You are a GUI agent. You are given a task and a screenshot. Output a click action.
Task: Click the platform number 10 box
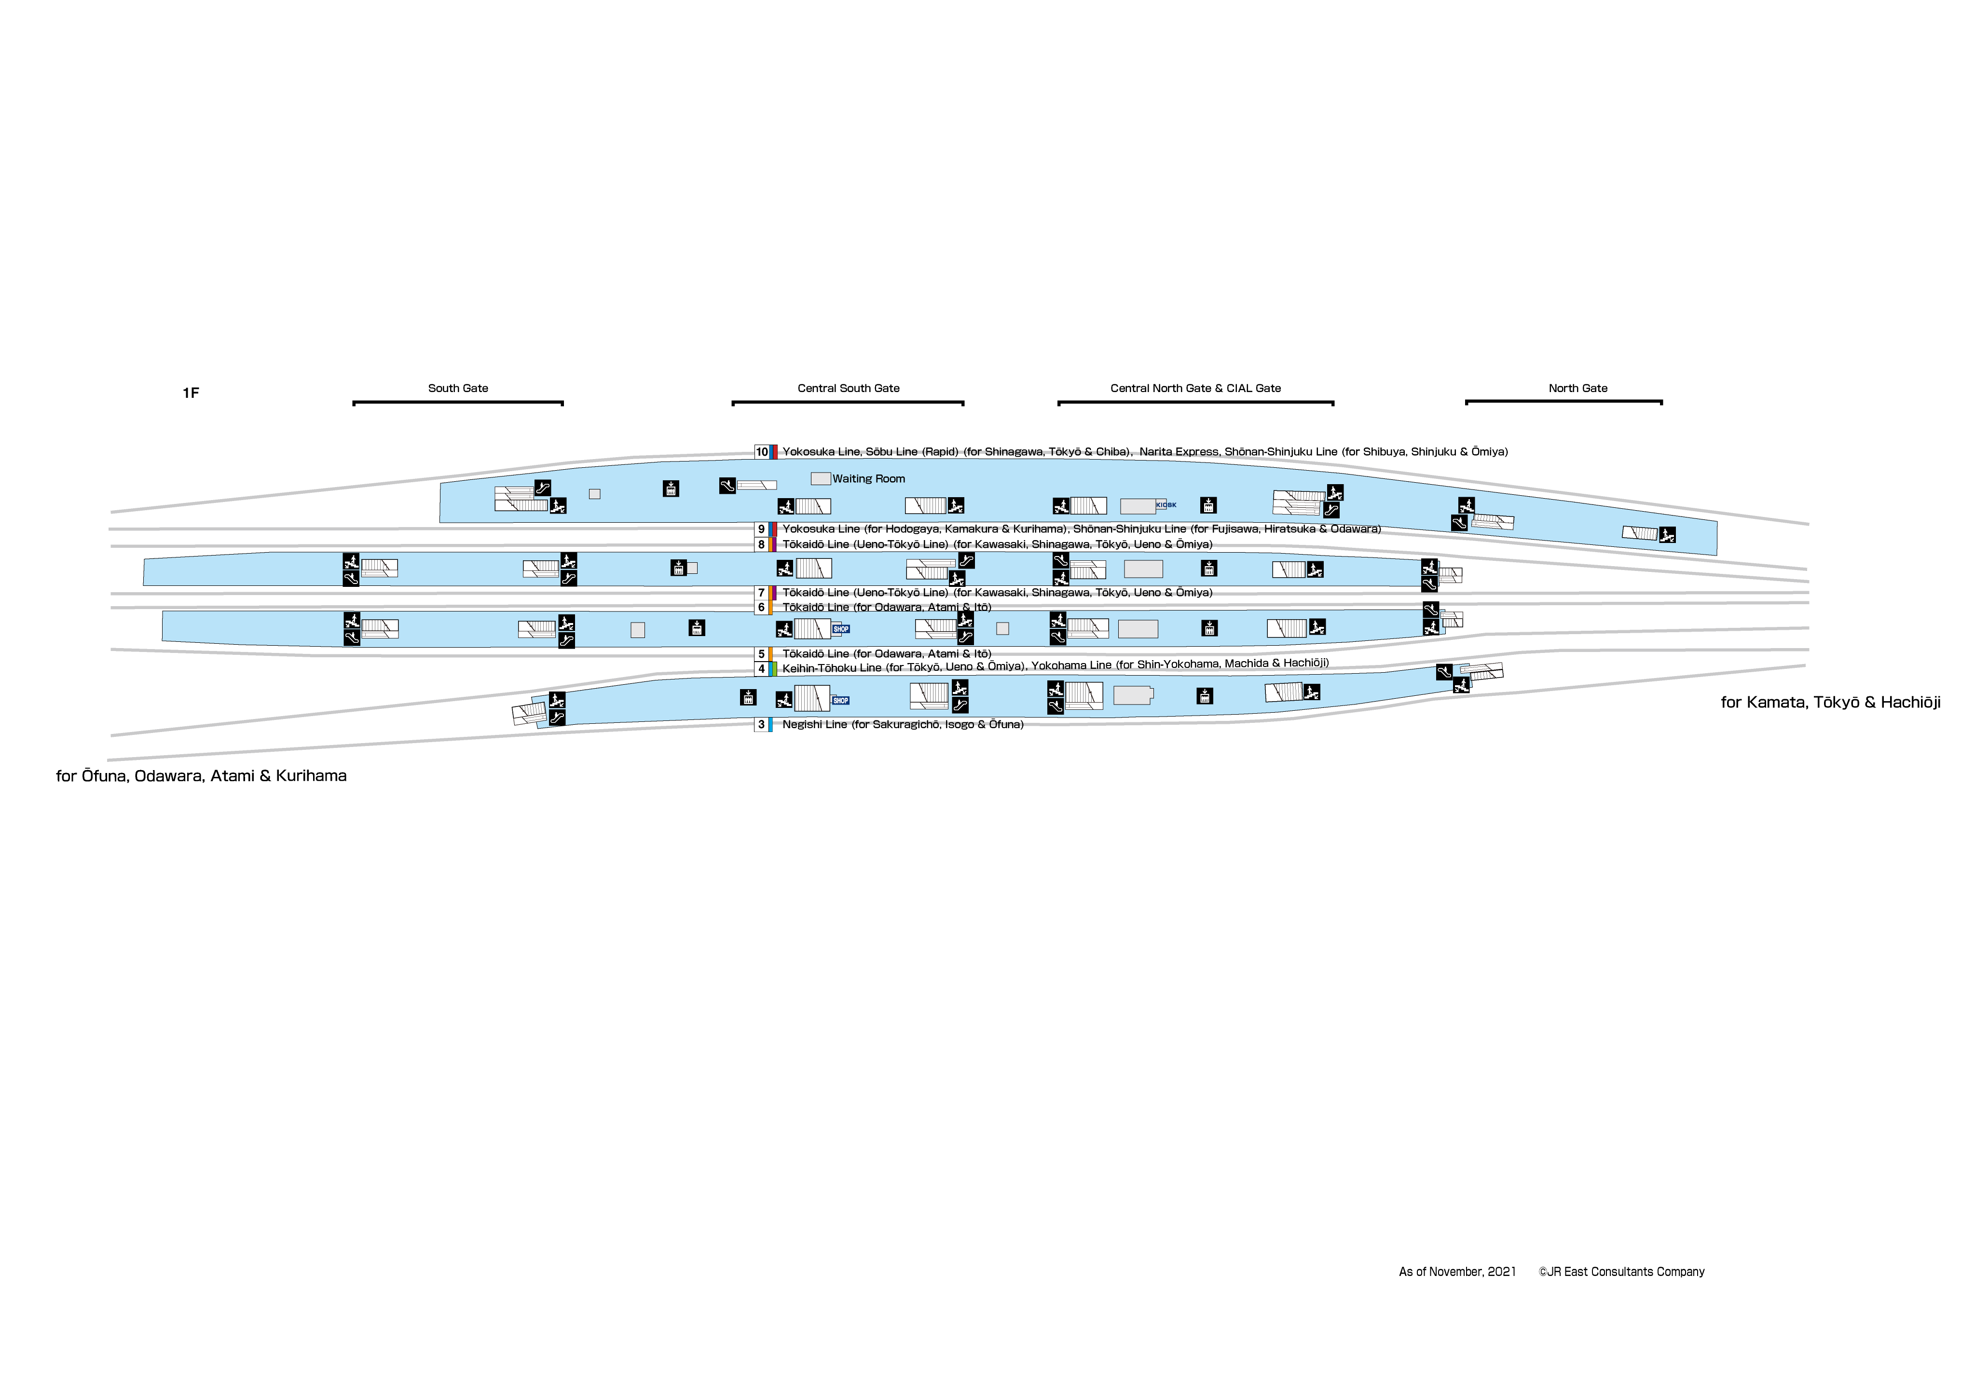(x=762, y=452)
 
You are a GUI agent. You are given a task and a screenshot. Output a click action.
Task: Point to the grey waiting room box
(x=820, y=478)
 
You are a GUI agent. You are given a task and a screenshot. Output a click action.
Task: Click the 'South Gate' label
(x=458, y=388)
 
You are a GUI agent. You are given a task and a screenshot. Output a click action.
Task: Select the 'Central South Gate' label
(x=849, y=388)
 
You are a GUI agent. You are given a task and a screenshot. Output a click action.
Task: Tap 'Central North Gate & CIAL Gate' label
(x=1195, y=388)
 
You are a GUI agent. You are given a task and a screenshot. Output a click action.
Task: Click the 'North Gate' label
(x=1577, y=388)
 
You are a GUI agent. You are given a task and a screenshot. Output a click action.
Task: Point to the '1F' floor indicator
(x=190, y=393)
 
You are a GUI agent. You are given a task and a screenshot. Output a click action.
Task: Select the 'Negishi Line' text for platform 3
(x=814, y=724)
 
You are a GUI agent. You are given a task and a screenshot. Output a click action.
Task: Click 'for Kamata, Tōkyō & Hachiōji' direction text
(x=1830, y=702)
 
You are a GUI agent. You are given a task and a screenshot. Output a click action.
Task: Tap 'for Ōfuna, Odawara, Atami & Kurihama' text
(x=201, y=776)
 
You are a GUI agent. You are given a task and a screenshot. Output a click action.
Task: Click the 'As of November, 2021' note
(x=1457, y=1272)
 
